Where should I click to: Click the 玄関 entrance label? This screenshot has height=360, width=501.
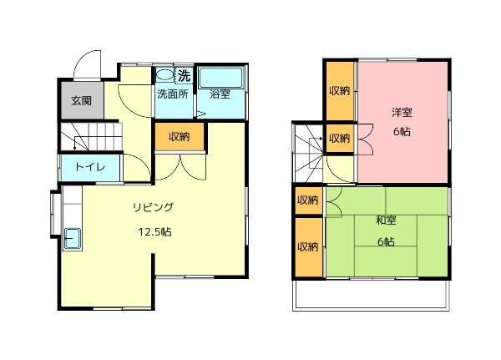click(82, 101)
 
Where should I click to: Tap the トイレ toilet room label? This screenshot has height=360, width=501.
click(90, 167)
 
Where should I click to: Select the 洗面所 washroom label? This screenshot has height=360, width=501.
click(173, 94)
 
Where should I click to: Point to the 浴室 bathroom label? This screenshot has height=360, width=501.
click(220, 94)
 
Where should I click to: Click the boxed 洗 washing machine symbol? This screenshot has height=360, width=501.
click(184, 76)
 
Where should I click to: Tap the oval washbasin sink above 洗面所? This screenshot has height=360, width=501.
click(164, 75)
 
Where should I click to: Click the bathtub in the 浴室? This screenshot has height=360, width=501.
click(220, 78)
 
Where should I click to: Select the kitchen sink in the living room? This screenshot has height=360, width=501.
click(73, 239)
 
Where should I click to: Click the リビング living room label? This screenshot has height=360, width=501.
click(153, 207)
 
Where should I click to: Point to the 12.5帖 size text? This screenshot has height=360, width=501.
click(154, 231)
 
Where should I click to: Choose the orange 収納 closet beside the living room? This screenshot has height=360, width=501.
click(180, 137)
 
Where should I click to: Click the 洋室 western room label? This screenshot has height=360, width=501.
click(402, 112)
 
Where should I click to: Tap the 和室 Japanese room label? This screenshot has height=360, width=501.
click(387, 221)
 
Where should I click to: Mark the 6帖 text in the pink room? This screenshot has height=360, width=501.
click(402, 131)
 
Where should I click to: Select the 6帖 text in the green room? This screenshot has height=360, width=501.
click(387, 242)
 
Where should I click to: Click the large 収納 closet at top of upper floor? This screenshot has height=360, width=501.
click(340, 91)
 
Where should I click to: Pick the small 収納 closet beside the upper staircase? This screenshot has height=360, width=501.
click(340, 139)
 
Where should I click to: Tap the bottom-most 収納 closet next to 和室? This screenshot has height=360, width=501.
click(308, 246)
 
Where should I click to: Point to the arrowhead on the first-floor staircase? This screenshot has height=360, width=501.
click(75, 148)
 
